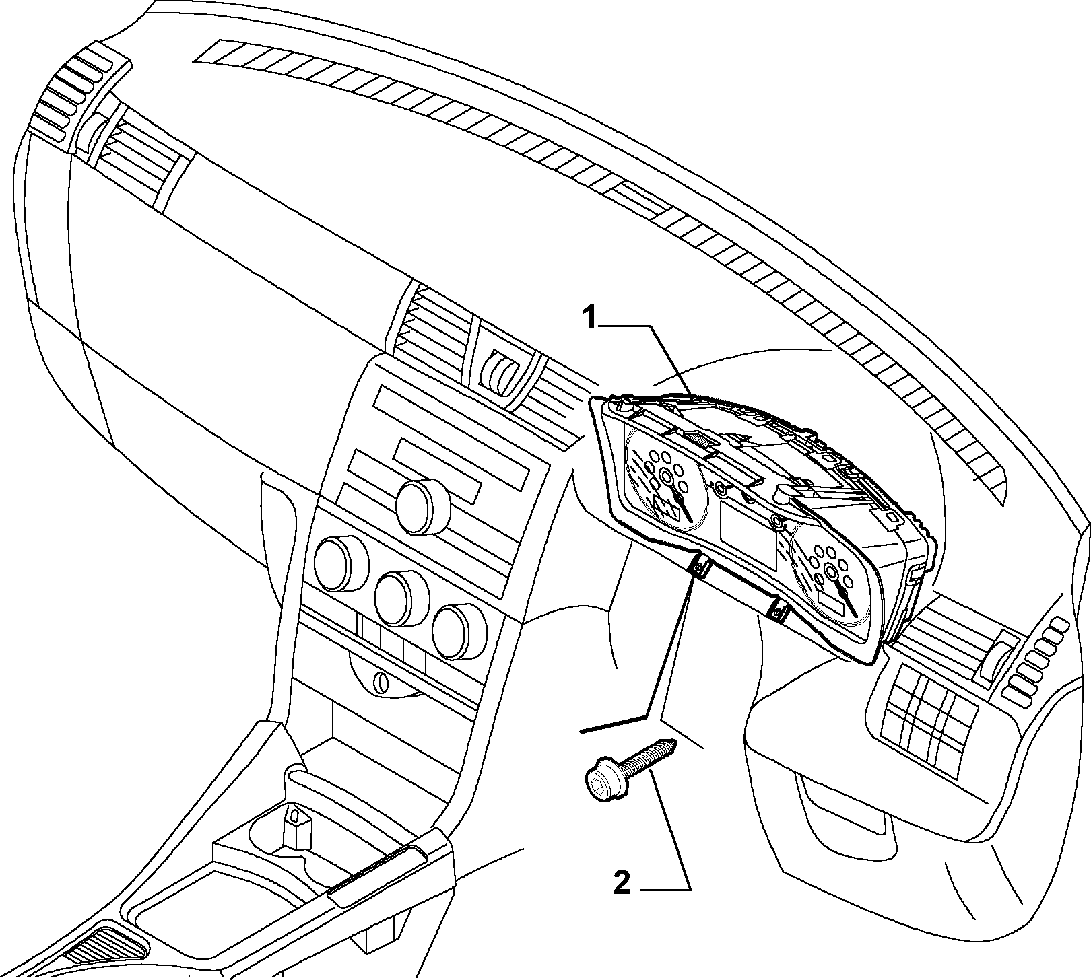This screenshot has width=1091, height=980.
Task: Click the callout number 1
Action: tap(590, 316)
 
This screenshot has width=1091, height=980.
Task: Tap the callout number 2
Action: tap(622, 882)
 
